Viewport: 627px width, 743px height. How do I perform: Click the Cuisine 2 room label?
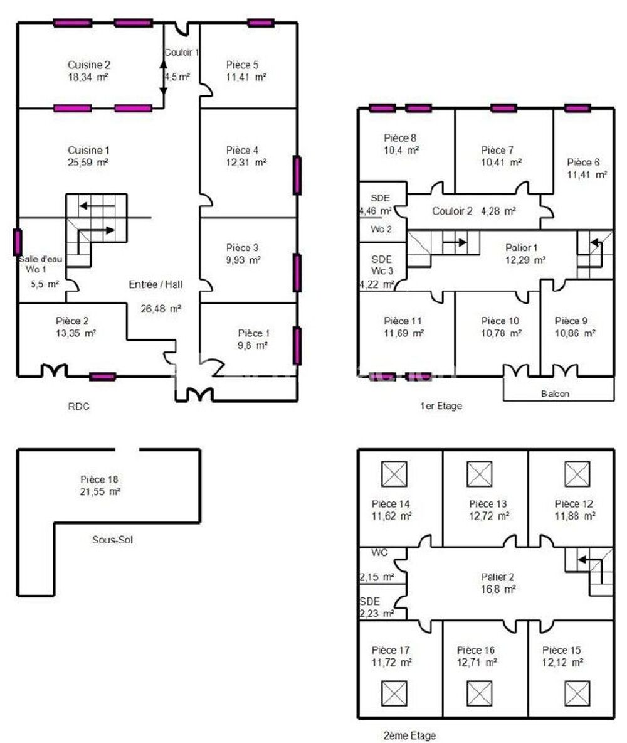(89, 65)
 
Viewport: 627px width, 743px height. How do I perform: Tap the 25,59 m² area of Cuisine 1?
(89, 162)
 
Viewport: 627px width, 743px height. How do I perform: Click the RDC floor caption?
(79, 406)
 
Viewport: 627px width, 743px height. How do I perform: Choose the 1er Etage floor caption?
(441, 406)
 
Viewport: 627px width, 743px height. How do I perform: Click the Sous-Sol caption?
(112, 539)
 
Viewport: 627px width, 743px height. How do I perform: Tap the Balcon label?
(556, 394)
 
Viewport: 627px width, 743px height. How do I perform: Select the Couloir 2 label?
(452, 211)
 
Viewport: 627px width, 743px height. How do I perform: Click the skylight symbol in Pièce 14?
(394, 474)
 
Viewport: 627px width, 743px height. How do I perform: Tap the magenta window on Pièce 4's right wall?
(297, 175)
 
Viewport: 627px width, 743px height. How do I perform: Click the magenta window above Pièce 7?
(503, 108)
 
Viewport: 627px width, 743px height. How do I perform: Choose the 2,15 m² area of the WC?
(376, 577)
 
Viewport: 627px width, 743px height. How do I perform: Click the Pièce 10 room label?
(497, 321)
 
